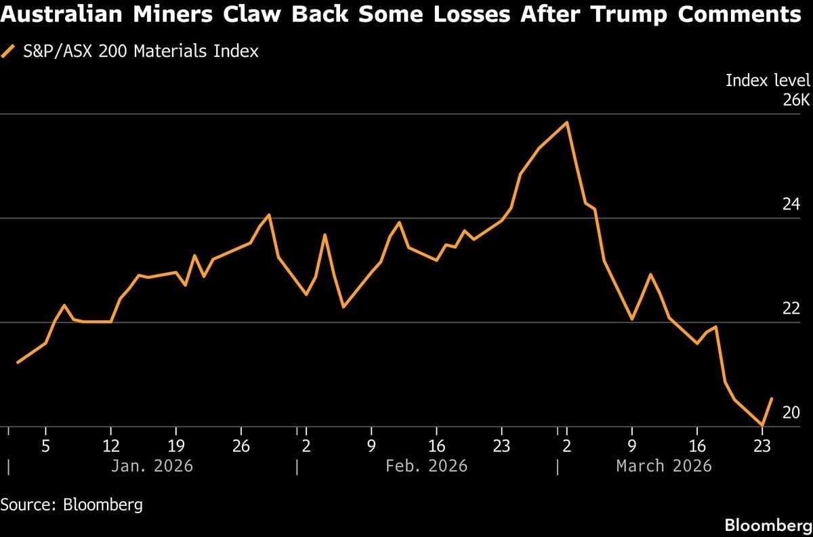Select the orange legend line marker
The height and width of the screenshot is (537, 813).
tap(9, 51)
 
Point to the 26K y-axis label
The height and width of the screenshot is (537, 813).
tap(796, 100)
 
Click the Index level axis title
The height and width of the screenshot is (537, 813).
tap(768, 80)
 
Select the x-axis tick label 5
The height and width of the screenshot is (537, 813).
tap(45, 446)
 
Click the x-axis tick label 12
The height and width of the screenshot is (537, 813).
tap(110, 446)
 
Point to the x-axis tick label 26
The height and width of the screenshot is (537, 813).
tap(241, 446)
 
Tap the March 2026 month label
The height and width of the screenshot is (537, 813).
tap(664, 466)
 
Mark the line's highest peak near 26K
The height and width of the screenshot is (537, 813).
tap(566, 123)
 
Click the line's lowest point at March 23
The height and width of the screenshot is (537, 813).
tap(763, 425)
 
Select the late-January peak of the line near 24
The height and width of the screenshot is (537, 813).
tap(270, 215)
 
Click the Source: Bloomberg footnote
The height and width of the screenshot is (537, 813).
tap(72, 504)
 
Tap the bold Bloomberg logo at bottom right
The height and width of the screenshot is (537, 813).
tap(768, 525)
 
